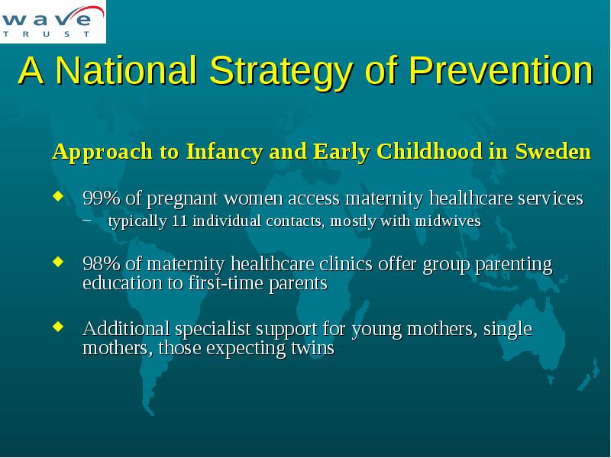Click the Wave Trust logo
coord(53,21)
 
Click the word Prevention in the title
coord(501,71)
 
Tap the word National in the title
coord(126,70)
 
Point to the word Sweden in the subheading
coord(553,151)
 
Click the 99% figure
coord(102,198)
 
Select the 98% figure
coord(102,263)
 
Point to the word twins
coord(313,348)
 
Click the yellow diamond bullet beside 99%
coord(58,196)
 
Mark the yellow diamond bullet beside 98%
coord(58,262)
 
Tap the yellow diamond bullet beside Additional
coord(58,326)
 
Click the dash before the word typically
coord(87,220)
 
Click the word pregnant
coord(182,199)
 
